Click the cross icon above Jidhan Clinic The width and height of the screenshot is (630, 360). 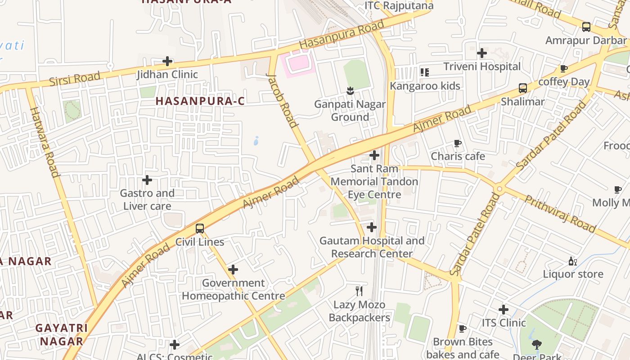(167, 61)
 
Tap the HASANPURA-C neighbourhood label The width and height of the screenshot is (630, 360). (200, 101)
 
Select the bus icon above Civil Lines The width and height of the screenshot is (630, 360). (200, 229)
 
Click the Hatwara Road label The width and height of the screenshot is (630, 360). (45, 142)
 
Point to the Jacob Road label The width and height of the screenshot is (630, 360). (282, 100)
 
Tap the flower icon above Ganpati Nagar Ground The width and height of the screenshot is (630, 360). (350, 91)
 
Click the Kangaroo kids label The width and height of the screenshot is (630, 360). (425, 86)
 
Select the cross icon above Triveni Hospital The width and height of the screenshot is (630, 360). (482, 53)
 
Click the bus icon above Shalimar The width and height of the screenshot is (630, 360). (523, 88)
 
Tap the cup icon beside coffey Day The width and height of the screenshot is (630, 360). (563, 69)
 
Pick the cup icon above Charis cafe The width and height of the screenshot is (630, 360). (458, 144)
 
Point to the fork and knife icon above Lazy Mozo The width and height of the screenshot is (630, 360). (359, 291)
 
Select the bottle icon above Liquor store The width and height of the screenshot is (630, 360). (572, 261)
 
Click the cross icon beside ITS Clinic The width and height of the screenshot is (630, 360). (504, 310)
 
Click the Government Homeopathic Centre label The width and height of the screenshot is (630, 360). (233, 289)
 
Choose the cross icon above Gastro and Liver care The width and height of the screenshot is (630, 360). (147, 180)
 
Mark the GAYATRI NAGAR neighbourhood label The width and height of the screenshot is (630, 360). (62, 334)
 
